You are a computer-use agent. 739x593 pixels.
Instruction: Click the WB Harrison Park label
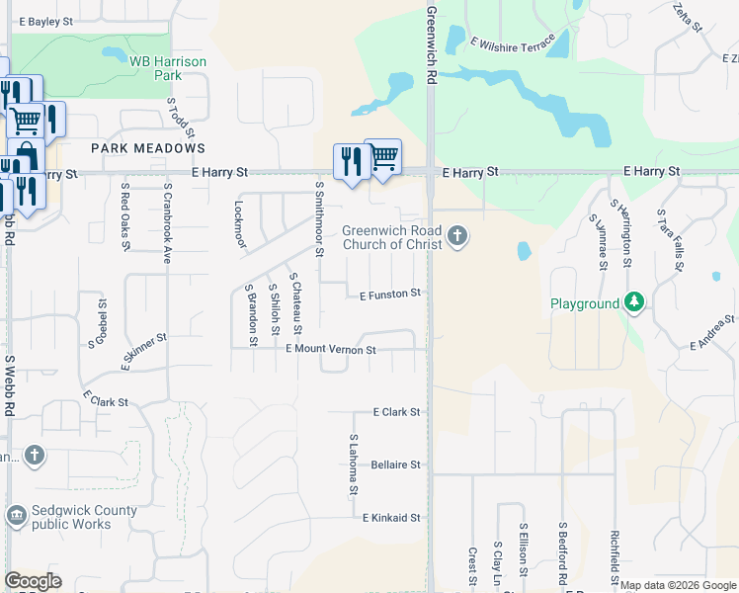coord(168,68)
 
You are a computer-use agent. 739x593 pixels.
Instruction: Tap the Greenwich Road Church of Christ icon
coord(456,236)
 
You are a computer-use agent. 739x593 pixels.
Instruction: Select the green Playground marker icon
coord(634,303)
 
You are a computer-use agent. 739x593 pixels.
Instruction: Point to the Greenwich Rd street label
coord(432,45)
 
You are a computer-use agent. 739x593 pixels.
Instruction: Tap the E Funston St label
coord(390,294)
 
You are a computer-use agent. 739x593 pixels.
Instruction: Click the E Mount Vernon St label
coord(331,350)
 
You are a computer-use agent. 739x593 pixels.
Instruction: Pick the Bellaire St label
coord(396,465)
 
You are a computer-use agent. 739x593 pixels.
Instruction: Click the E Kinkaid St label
coord(391,518)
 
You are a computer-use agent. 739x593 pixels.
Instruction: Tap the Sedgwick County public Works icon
coord(16,516)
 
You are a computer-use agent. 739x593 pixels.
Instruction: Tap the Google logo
coord(33,581)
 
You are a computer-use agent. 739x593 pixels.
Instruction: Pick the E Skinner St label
coord(144,351)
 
